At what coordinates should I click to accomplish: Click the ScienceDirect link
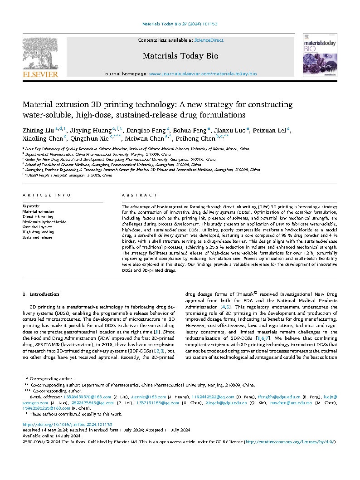[x=209, y=40]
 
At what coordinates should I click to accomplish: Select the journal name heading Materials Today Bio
[x=180, y=56]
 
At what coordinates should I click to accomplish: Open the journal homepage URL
[x=203, y=73]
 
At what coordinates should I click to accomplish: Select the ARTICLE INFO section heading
[x=47, y=195]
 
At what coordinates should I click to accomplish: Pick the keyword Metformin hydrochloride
[x=44, y=222]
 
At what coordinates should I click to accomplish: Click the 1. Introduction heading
[x=41, y=294]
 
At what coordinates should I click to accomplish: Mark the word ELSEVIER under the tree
[x=40, y=74]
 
